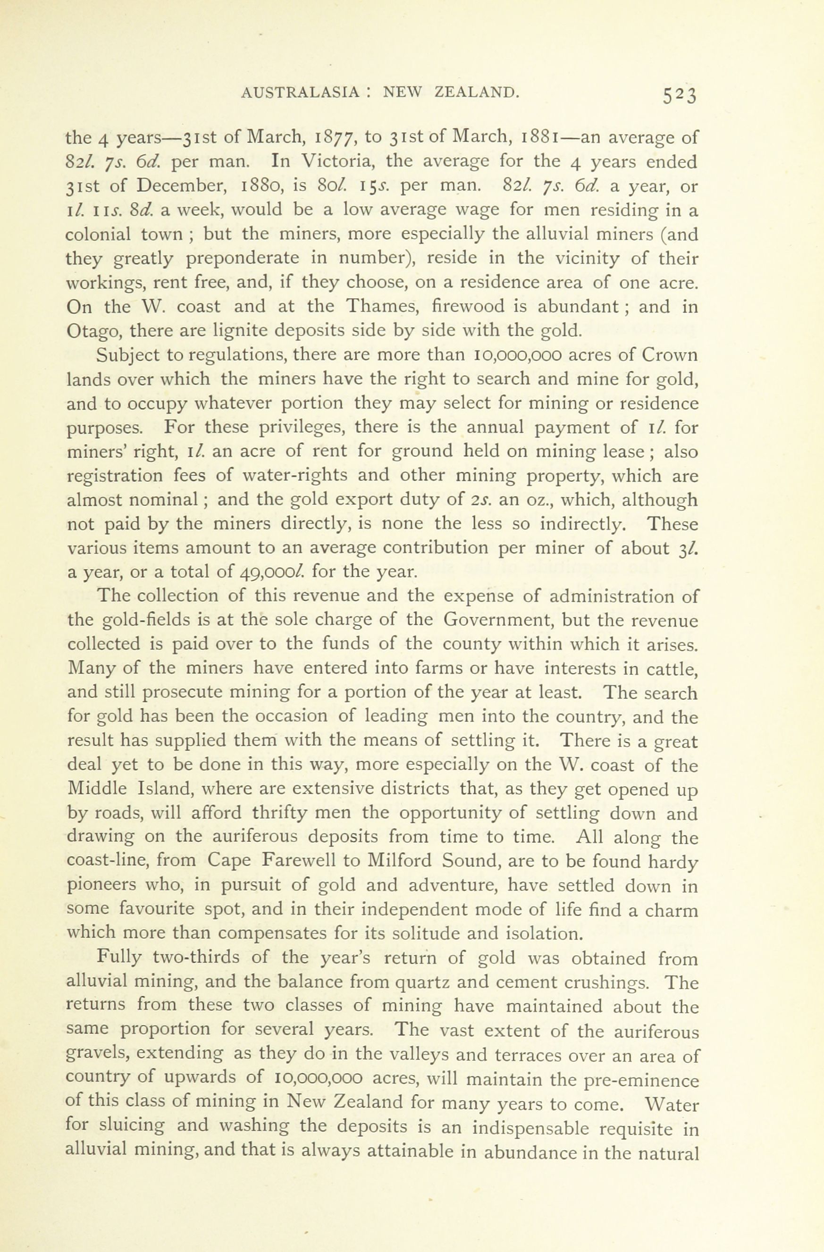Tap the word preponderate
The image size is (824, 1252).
(238, 259)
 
